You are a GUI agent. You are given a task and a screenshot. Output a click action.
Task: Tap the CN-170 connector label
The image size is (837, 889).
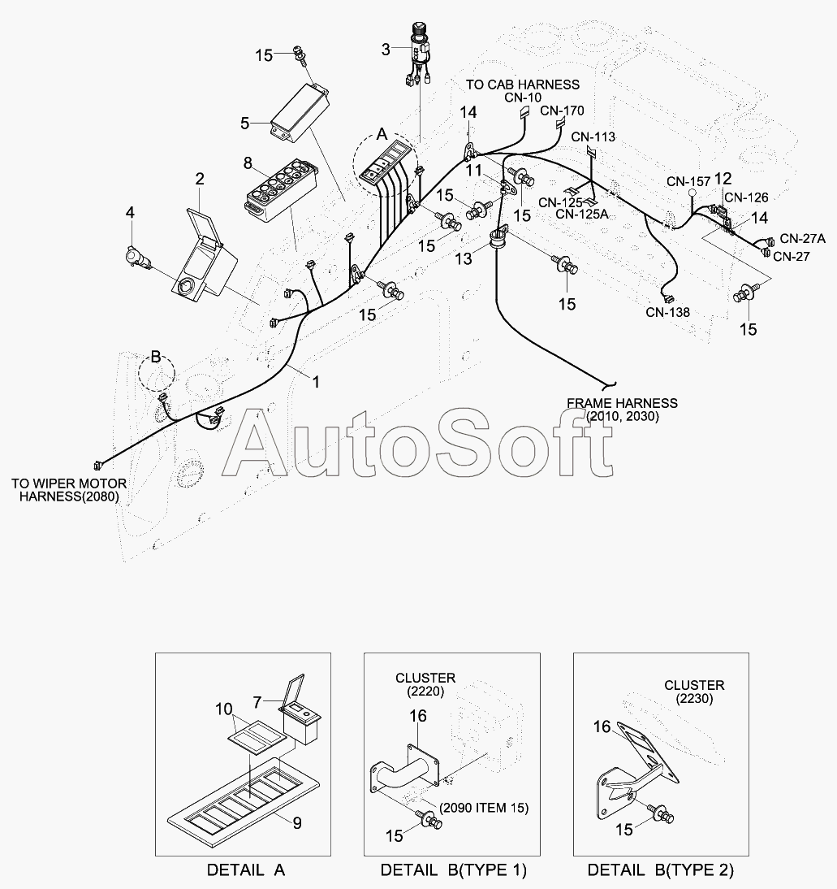pos(562,111)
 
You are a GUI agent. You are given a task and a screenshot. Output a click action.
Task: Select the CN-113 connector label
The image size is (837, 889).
pos(593,137)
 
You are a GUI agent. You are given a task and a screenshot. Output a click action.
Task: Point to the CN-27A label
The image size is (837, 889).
pos(802,238)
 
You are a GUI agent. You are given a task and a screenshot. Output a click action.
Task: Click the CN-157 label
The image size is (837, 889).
pos(688,180)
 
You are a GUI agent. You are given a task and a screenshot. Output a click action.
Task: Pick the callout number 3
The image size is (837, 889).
pos(386,50)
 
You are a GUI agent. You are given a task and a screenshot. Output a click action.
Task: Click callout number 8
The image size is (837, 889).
pos(248,163)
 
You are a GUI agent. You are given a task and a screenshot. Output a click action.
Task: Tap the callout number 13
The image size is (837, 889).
pos(464,258)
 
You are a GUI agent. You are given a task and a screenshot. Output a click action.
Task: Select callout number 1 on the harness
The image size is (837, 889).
pos(315,380)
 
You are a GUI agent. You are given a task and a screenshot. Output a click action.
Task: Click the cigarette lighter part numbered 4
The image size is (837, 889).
pos(136,258)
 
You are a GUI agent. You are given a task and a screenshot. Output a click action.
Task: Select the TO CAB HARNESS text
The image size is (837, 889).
pos(523,85)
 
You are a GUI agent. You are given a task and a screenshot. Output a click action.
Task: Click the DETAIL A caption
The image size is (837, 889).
pos(246,869)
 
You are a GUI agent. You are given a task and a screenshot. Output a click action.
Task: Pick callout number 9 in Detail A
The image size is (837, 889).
pos(297,822)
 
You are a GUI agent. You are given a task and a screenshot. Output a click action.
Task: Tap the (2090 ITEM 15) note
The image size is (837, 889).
pos(485,807)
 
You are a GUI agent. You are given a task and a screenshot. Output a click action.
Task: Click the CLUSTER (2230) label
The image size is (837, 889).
pos(694,692)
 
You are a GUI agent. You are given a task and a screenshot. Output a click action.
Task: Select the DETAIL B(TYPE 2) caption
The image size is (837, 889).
pos(661,869)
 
